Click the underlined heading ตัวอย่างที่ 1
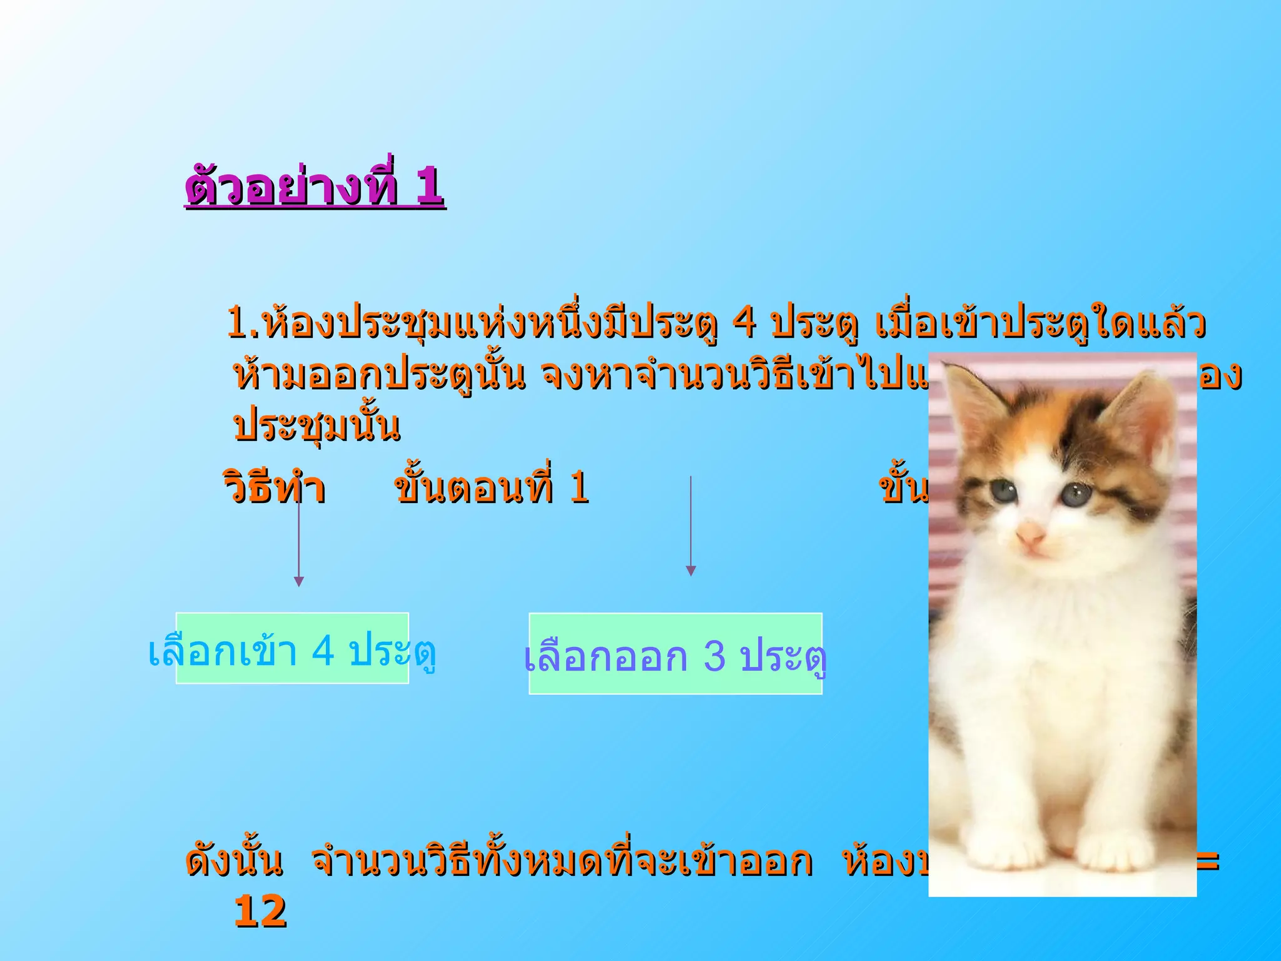[x=315, y=186]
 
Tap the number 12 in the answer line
[x=260, y=911]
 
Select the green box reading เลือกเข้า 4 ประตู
[x=292, y=649]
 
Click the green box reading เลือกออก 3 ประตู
[x=676, y=654]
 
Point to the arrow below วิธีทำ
[x=299, y=544]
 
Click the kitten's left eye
[x=1005, y=491]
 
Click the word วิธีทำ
[x=274, y=488]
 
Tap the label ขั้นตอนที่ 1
[x=492, y=488]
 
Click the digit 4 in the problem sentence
[x=744, y=323]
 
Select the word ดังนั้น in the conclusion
[x=234, y=862]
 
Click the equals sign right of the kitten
[x=1208, y=862]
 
